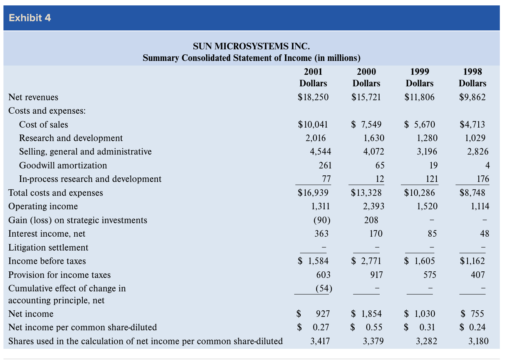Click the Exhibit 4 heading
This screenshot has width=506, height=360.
coord(30,18)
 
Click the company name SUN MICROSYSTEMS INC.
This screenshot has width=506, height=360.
coord(251,46)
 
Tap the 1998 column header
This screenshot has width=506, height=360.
coord(472,72)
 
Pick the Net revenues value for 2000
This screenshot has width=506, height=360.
coord(366,97)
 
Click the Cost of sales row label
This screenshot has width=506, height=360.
coord(44,124)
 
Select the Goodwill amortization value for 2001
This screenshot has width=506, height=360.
coord(325,165)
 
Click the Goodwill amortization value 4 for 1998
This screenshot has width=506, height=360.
coord(487,165)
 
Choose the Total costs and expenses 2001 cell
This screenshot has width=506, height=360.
coord(313,193)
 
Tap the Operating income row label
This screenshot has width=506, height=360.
coord(43,207)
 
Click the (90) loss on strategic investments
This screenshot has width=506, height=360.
coord(322,220)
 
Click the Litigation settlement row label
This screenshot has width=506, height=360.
coord(48,247)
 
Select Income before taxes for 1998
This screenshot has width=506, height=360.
coord(472,261)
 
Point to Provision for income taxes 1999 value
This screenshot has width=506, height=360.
coord(430,275)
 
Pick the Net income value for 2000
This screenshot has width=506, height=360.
coord(366,314)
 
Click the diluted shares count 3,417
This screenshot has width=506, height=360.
coord(320,341)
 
